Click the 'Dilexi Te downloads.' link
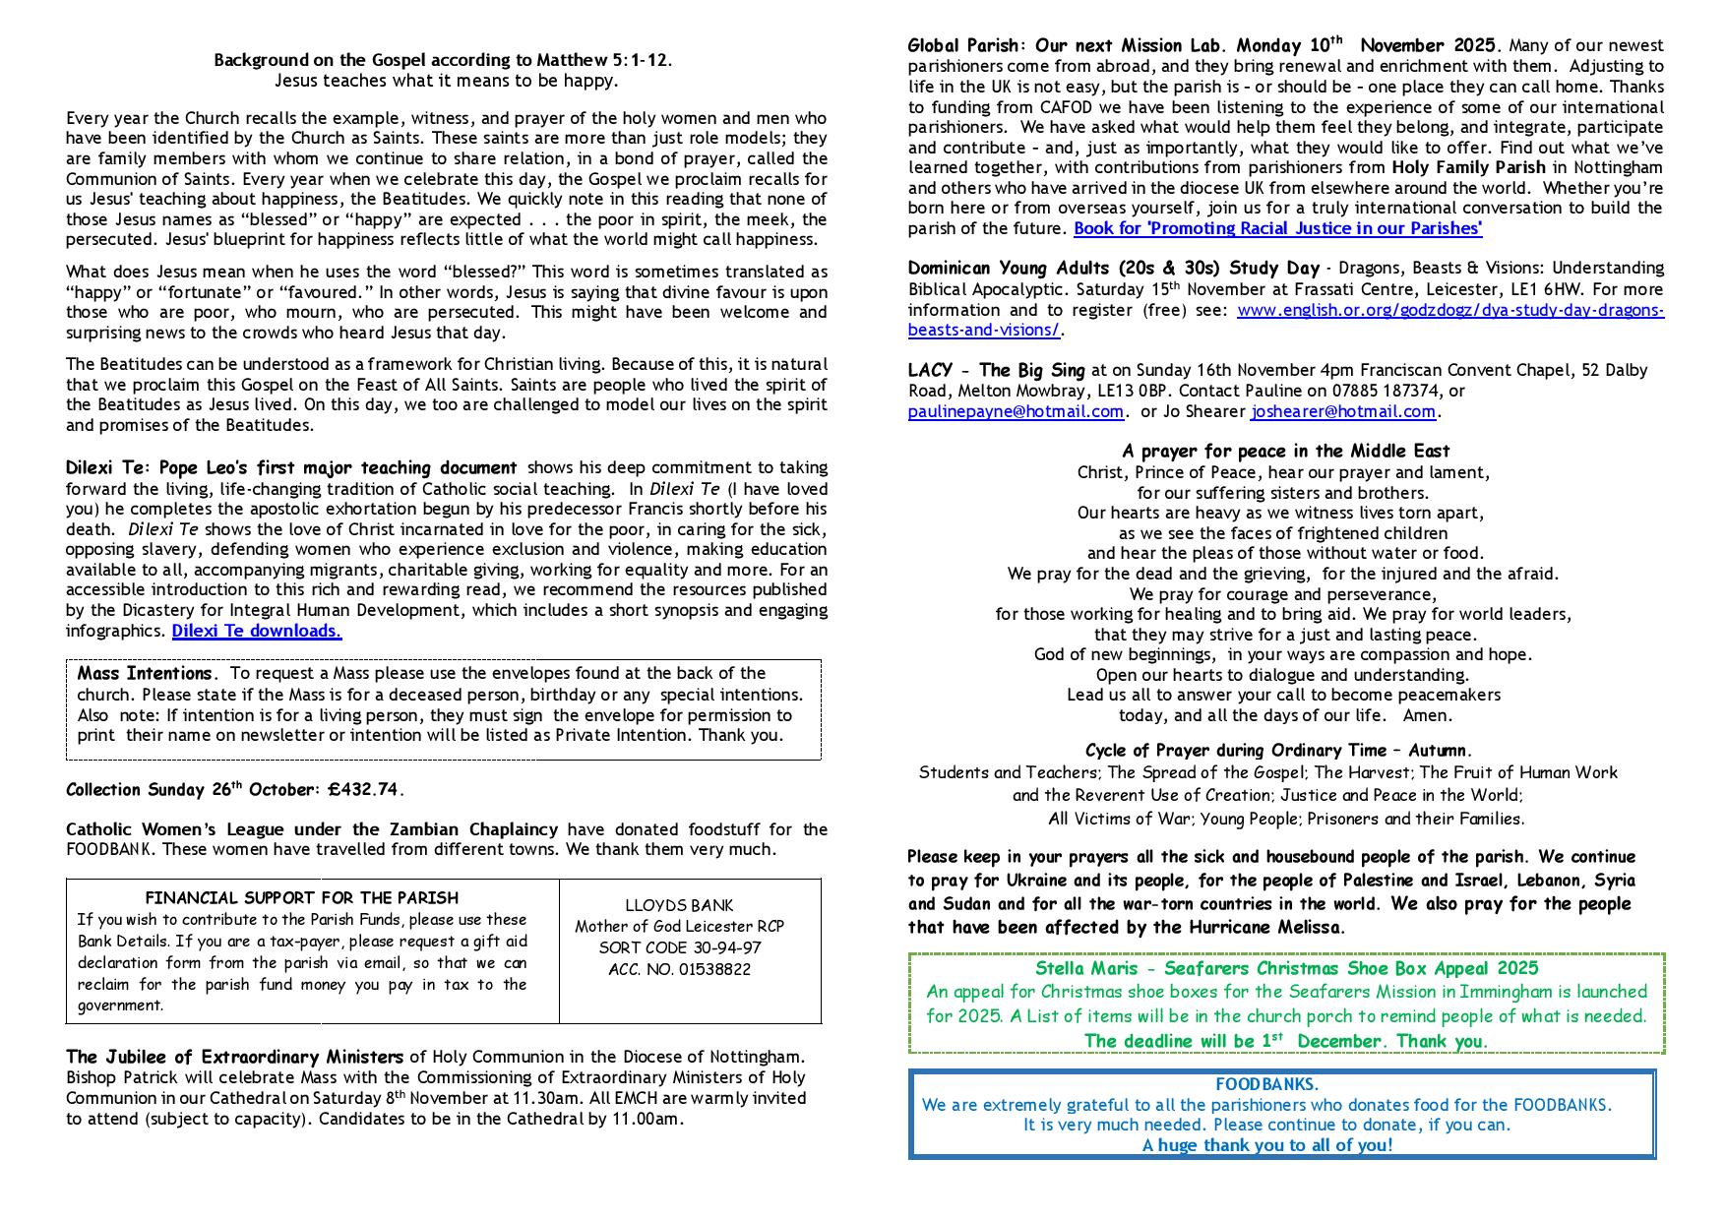(x=257, y=631)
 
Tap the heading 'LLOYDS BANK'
(x=679, y=905)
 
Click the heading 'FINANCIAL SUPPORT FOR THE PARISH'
(x=301, y=897)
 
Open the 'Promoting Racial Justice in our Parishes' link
(x=1277, y=228)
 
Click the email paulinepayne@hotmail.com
(x=1016, y=411)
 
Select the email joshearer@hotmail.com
(x=1342, y=411)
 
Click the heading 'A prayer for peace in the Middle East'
(x=1285, y=452)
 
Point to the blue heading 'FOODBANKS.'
(x=1266, y=1084)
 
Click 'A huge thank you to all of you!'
(x=1267, y=1145)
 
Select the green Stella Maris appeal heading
(x=1286, y=968)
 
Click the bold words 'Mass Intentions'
(x=145, y=674)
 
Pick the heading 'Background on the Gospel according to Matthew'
(x=443, y=60)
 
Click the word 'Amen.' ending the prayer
(x=1427, y=715)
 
